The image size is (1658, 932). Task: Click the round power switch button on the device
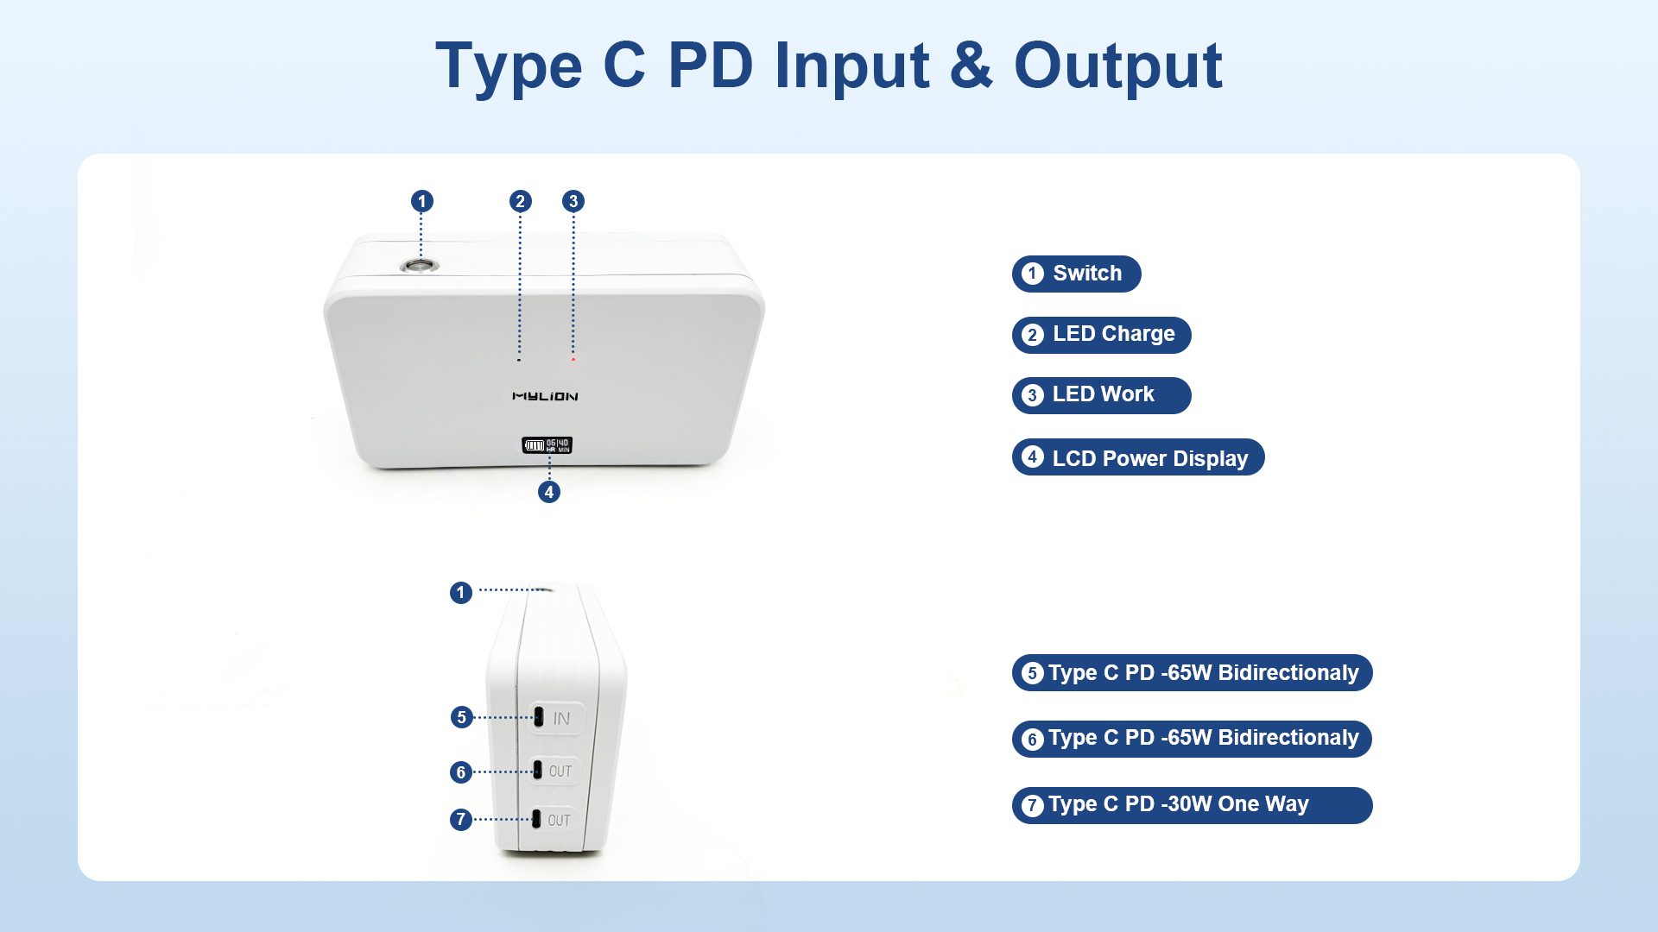420,265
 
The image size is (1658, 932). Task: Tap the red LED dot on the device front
573,359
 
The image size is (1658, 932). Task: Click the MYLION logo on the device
545,396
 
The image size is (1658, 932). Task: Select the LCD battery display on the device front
547,445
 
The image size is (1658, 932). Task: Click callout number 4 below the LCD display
549,492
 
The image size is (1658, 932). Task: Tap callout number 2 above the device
520,201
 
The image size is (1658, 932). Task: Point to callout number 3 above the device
573,201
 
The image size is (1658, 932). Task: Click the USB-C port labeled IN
539,716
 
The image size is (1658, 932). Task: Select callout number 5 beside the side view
462,717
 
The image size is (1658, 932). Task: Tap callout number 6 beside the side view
461,771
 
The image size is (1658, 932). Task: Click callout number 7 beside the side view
461,819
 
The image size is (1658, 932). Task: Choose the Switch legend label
1076,274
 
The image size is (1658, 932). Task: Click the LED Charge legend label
1101,335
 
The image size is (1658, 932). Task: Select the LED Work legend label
1101,395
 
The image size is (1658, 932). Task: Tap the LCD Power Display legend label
1138,457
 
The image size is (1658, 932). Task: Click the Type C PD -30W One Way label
1192,805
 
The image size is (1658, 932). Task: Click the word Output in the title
1117,66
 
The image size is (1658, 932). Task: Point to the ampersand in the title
971,66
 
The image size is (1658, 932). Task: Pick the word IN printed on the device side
561,718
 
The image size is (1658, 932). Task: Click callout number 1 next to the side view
461,593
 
